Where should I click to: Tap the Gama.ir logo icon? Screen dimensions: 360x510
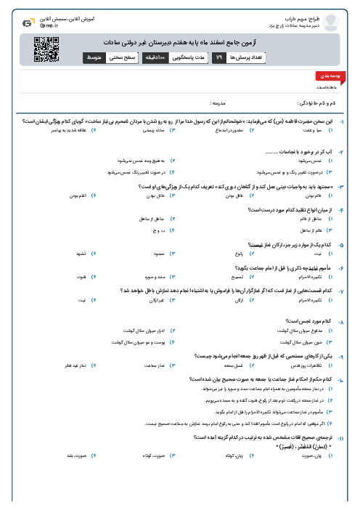tap(27, 23)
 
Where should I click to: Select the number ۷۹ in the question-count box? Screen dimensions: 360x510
tap(218, 57)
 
